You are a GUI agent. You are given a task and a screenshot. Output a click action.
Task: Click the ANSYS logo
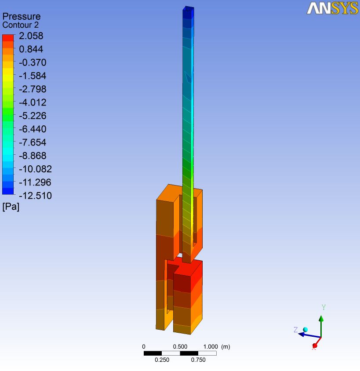332,8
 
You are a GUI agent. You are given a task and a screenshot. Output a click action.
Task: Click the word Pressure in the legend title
22,16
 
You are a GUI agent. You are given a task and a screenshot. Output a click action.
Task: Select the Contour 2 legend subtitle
20,25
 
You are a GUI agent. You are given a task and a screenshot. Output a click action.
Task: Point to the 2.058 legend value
31,36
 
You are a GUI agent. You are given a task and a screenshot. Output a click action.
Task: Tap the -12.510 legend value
35,196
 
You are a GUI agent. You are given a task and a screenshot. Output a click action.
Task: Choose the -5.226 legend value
33,116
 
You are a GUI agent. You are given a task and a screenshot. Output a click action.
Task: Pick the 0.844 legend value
31,49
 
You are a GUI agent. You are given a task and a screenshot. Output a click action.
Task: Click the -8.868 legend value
33,156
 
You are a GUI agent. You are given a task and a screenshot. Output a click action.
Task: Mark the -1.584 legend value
33,76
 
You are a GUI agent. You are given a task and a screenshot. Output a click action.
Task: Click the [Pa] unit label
11,207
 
